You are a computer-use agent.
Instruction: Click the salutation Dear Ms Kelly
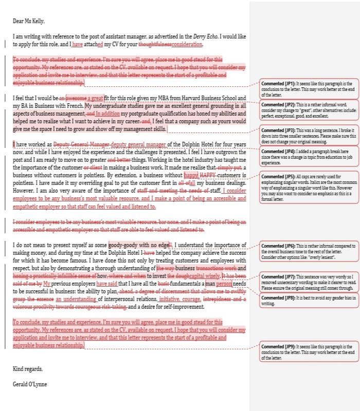(29, 21)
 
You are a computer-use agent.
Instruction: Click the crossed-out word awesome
(76, 98)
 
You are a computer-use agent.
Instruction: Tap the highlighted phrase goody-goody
(124, 245)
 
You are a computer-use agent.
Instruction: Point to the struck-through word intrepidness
(218, 299)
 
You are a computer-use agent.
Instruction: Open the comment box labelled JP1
(309, 89)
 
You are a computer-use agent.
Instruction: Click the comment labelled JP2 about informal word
(309, 111)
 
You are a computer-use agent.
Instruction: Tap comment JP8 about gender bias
(309, 301)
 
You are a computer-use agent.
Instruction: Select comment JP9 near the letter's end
(309, 352)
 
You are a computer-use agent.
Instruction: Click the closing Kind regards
(28, 369)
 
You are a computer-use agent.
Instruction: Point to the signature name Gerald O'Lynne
(30, 384)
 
